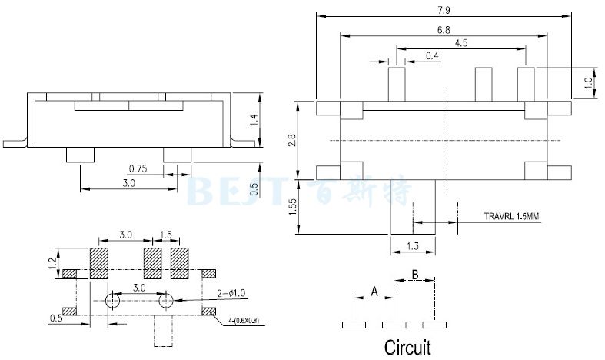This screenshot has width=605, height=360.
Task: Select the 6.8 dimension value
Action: [x=443, y=29]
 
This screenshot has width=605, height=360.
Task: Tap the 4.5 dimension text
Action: [x=461, y=43]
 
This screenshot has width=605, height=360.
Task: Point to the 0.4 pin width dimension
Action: [x=432, y=56]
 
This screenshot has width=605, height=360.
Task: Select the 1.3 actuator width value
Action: [x=412, y=246]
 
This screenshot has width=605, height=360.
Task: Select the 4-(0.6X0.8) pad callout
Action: [x=244, y=321]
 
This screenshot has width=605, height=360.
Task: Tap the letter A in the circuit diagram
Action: [x=374, y=292]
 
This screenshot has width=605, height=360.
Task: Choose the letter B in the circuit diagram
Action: [x=414, y=274]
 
